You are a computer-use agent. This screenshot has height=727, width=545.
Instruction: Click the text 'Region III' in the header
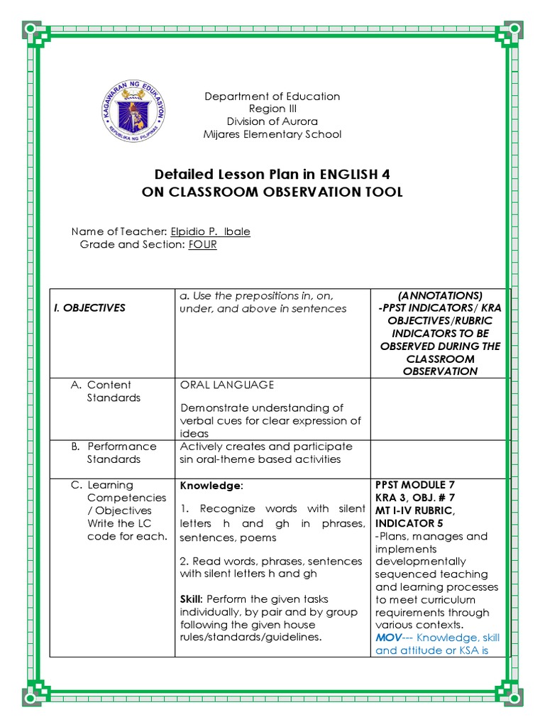[x=272, y=109]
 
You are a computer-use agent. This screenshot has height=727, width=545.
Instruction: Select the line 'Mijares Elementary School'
[x=272, y=134]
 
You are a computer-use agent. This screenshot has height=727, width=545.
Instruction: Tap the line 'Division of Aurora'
[x=272, y=121]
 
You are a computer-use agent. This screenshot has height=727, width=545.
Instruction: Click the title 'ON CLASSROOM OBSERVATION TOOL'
[x=272, y=192]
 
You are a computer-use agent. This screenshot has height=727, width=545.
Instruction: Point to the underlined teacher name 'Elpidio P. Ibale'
[x=210, y=231]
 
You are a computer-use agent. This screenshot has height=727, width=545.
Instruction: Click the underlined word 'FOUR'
[x=202, y=244]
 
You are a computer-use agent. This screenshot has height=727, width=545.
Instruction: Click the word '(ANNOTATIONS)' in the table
[x=439, y=295]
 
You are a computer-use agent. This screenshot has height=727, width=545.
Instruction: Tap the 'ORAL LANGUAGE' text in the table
[x=226, y=385]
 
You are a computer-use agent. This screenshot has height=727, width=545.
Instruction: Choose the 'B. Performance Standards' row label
[x=114, y=453]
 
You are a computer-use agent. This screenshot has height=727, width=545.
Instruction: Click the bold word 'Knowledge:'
[x=211, y=485]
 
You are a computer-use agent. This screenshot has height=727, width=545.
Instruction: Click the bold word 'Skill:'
[x=194, y=599]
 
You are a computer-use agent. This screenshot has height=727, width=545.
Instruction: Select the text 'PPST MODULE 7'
[x=414, y=485]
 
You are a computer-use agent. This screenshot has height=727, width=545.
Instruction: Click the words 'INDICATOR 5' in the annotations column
[x=406, y=523]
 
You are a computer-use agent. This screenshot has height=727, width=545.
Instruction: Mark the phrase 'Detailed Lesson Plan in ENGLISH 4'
[x=272, y=175]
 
